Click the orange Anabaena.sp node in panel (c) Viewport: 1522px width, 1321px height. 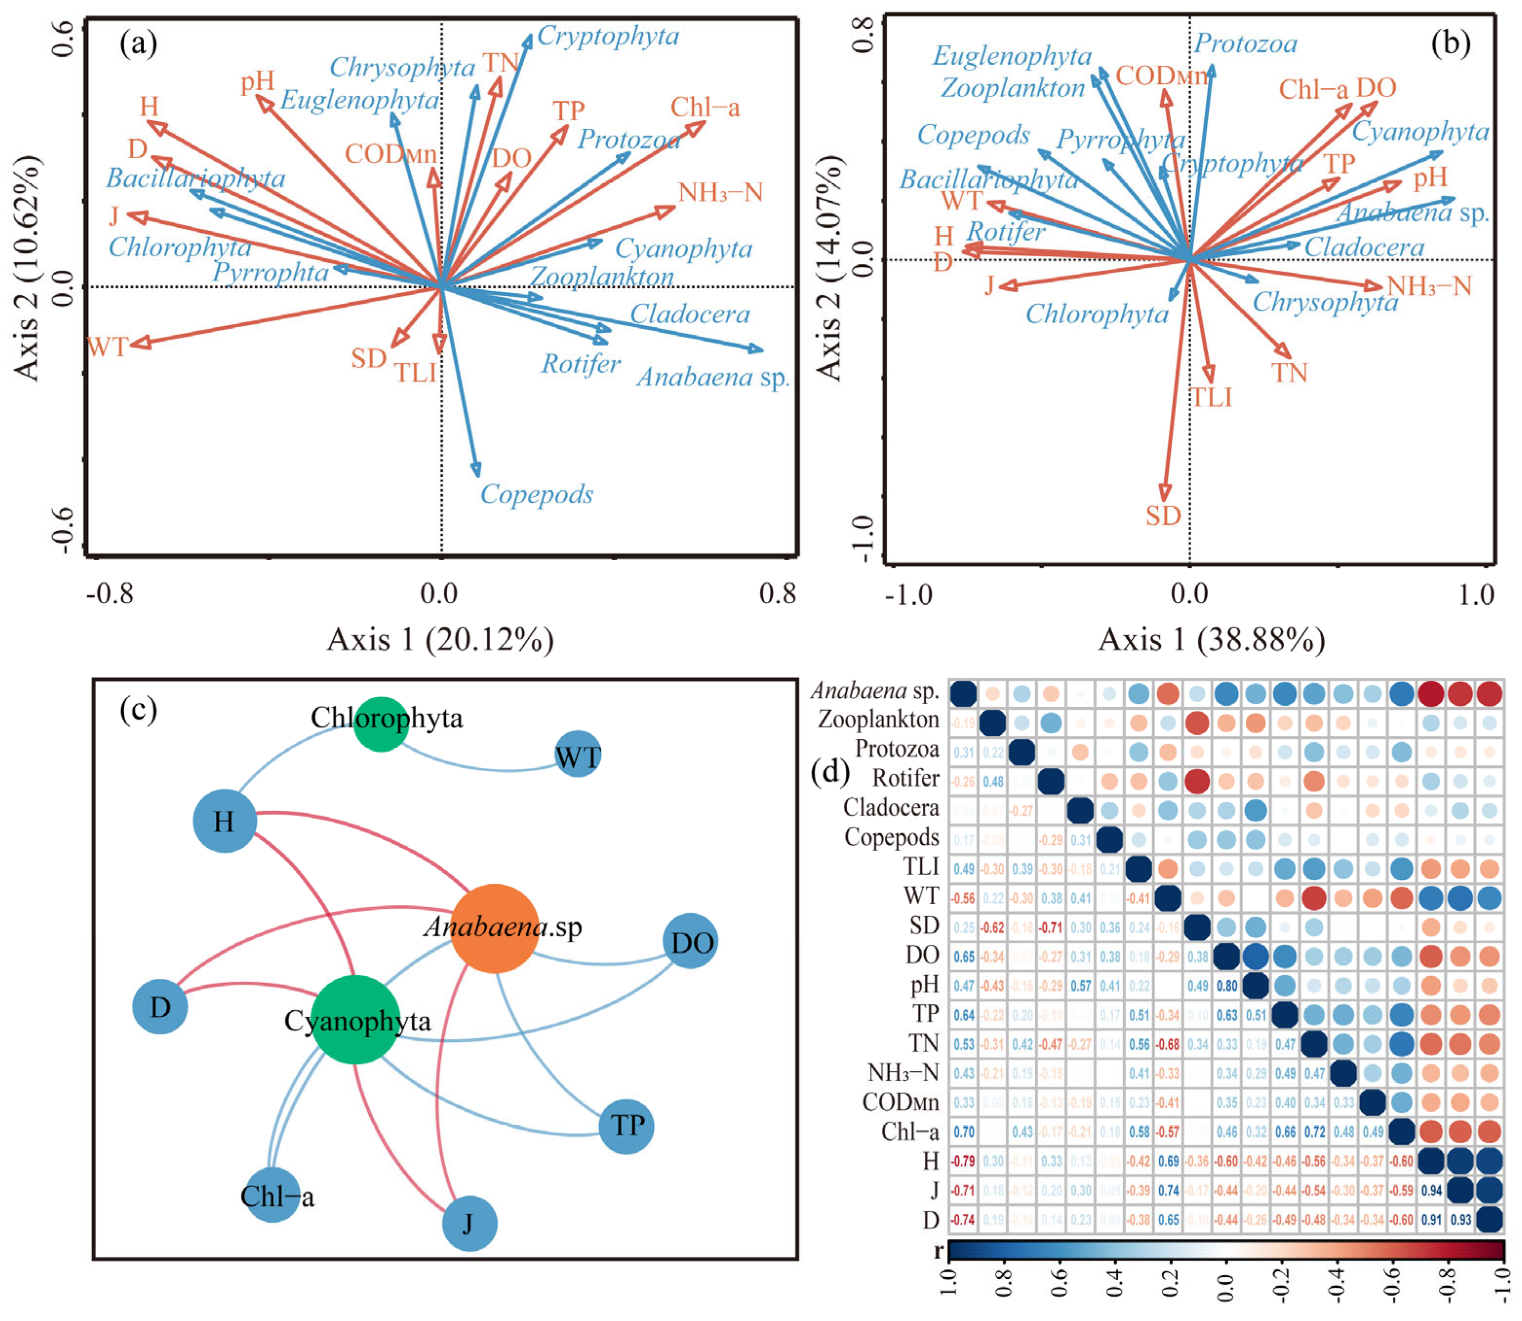click(494, 928)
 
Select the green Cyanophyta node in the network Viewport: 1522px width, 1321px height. click(356, 1020)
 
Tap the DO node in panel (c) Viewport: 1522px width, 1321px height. click(690, 942)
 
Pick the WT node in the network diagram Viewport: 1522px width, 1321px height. click(577, 756)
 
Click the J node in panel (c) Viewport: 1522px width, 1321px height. click(469, 1224)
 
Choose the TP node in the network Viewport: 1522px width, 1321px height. click(626, 1126)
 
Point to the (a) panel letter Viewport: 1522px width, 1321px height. click(139, 44)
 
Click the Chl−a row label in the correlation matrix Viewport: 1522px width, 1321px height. click(910, 1132)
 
